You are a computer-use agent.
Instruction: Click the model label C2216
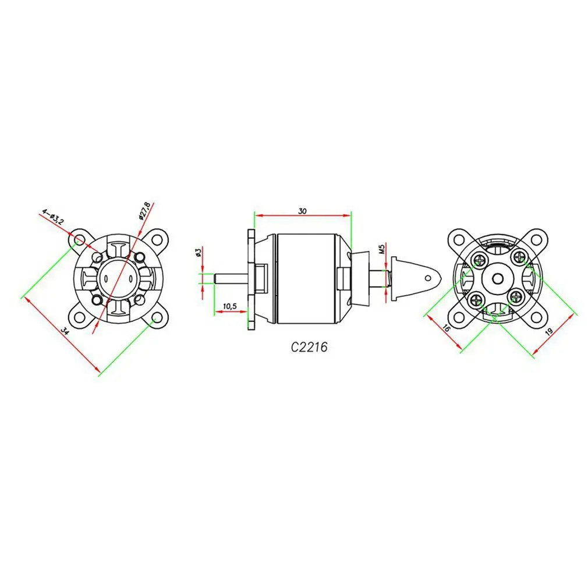(309, 347)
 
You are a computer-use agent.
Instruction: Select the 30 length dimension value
(302, 211)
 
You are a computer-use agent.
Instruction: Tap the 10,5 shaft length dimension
(230, 306)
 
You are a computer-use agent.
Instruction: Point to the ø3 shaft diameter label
(199, 252)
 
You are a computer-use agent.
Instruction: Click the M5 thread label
(382, 249)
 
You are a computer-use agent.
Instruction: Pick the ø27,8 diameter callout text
(144, 211)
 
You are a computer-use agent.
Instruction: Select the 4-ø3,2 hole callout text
(53, 217)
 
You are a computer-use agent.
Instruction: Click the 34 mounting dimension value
(65, 331)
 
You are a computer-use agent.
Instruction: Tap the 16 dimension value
(446, 327)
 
